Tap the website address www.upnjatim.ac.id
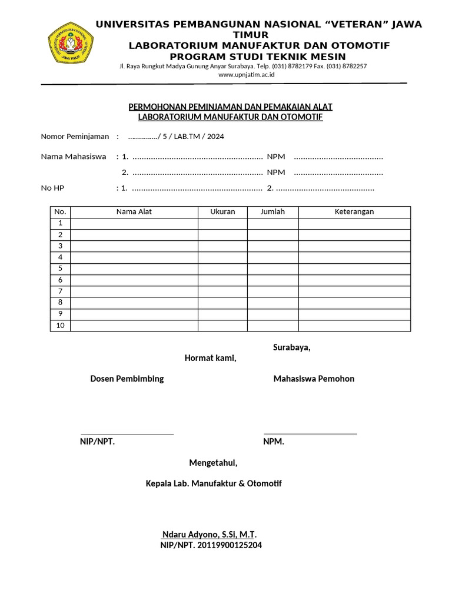(x=242, y=75)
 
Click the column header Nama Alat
(x=134, y=211)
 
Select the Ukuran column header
(x=222, y=211)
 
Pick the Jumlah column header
(x=272, y=211)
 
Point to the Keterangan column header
(x=354, y=211)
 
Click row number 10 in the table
(x=60, y=326)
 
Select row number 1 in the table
(x=60, y=223)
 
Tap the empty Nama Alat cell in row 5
(x=134, y=269)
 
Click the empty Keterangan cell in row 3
(x=354, y=246)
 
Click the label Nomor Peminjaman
(x=75, y=137)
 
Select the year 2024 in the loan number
(x=215, y=137)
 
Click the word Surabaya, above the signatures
(x=291, y=347)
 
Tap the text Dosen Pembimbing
(x=127, y=379)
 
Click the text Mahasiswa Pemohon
(x=314, y=379)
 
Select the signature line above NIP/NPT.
(x=127, y=434)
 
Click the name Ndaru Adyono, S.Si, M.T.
(x=209, y=535)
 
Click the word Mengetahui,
(x=213, y=463)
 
